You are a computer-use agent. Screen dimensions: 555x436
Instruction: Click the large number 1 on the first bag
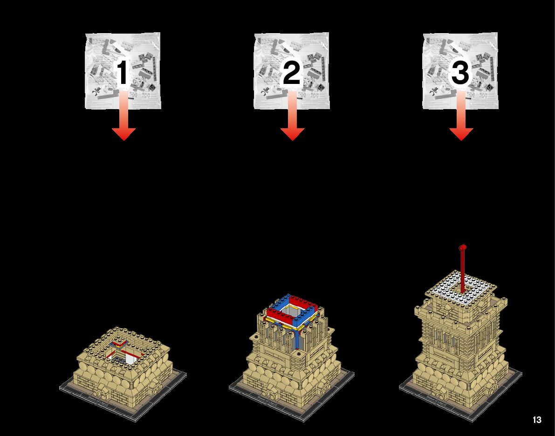click(122, 74)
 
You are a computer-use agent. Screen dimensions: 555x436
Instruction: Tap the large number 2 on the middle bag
click(292, 74)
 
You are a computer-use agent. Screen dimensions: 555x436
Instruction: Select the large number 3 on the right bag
click(460, 74)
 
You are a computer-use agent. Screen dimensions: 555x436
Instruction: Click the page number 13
click(537, 420)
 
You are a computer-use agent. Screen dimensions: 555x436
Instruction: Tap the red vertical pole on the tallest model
click(462, 273)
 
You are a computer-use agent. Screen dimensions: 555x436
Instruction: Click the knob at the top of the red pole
click(463, 247)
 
